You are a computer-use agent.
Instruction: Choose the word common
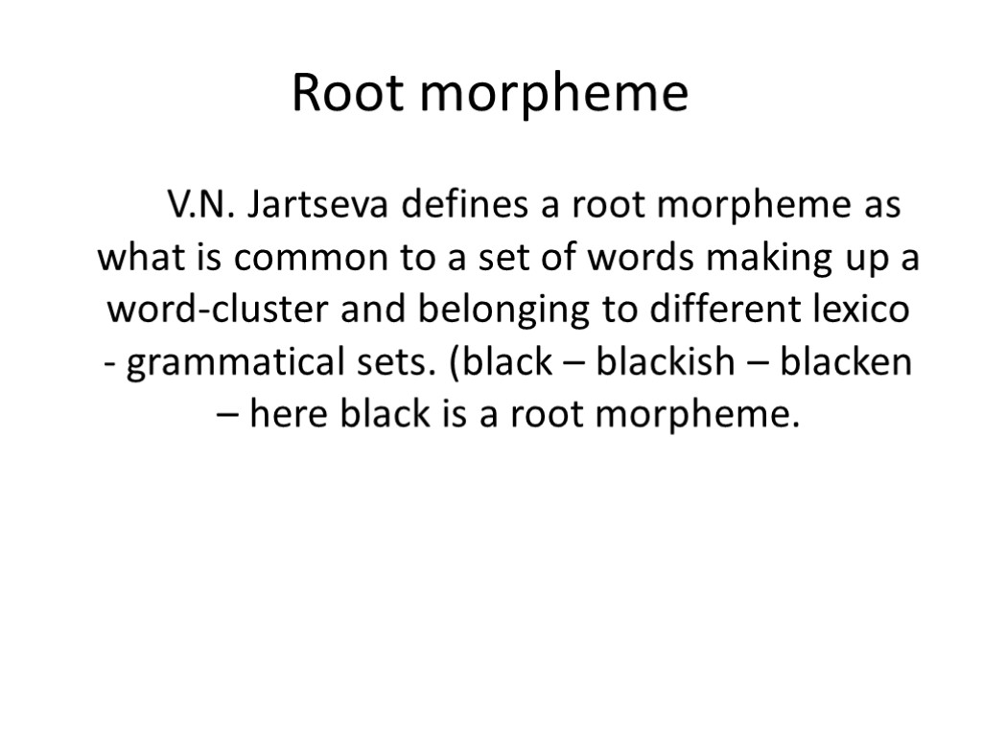(x=308, y=259)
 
